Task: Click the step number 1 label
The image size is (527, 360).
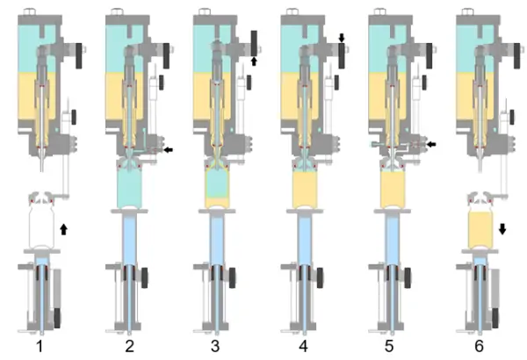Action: pyautogui.click(x=40, y=346)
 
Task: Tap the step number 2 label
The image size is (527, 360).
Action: pyautogui.click(x=129, y=346)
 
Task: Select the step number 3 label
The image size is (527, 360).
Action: pyautogui.click(x=215, y=346)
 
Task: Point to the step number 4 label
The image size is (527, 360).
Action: pyautogui.click(x=303, y=346)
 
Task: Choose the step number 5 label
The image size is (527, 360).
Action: pyautogui.click(x=389, y=346)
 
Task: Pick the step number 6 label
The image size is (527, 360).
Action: pyautogui.click(x=479, y=346)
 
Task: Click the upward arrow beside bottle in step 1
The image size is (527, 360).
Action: pyautogui.click(x=63, y=229)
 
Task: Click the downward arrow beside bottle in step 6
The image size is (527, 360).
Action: pyautogui.click(x=502, y=229)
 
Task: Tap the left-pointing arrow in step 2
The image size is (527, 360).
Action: pyautogui.click(x=168, y=149)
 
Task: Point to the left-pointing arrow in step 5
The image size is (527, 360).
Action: pyautogui.click(x=431, y=144)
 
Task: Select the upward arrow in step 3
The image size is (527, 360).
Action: pyautogui.click(x=254, y=61)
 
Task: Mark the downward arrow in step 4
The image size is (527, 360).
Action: pyautogui.click(x=342, y=38)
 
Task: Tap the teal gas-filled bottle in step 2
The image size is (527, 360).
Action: pyautogui.click(x=130, y=188)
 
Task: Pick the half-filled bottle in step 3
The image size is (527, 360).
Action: pyautogui.click(x=218, y=188)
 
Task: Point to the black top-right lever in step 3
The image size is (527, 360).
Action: pyautogui.click(x=254, y=43)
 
